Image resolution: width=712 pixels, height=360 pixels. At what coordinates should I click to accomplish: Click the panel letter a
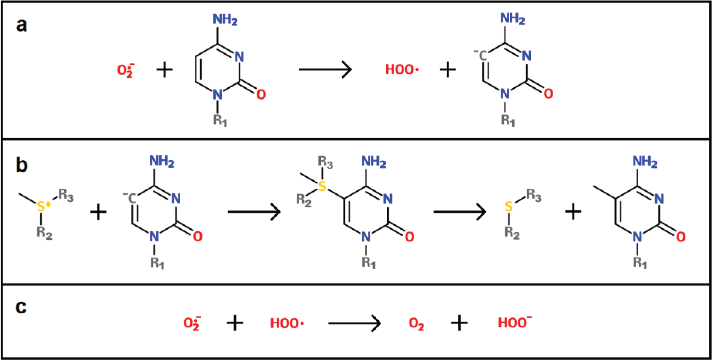(x=22, y=26)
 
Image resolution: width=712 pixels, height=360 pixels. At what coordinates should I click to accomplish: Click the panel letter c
(x=21, y=307)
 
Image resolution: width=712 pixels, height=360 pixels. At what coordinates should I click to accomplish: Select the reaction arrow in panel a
(x=325, y=69)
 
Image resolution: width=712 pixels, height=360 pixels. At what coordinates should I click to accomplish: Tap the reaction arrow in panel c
(x=354, y=323)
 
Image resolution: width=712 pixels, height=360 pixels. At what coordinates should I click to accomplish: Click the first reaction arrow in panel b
(x=254, y=212)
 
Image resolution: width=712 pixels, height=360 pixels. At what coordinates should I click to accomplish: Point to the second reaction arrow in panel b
(x=459, y=212)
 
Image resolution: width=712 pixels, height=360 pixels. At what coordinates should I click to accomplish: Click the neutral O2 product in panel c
(x=416, y=323)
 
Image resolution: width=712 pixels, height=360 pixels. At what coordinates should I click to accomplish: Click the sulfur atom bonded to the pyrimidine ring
(x=322, y=186)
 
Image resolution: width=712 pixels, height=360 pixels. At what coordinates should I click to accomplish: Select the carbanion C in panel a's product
(x=482, y=56)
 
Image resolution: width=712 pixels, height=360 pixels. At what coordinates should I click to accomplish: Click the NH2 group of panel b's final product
(x=645, y=162)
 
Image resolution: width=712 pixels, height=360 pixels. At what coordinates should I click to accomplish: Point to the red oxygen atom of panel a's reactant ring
(x=261, y=94)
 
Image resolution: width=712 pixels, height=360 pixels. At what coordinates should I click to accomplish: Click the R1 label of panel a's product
(x=508, y=120)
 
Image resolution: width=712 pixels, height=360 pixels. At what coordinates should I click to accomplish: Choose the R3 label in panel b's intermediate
(x=325, y=162)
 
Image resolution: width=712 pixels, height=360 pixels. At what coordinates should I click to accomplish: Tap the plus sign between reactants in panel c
(x=235, y=323)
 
